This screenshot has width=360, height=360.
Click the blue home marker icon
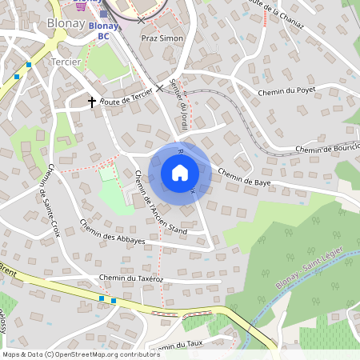click(x=180, y=173)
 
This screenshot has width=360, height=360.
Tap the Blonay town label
click(x=66, y=23)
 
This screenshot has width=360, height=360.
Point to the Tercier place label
click(x=66, y=62)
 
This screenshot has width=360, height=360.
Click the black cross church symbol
click(x=92, y=102)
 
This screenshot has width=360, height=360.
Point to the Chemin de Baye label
click(x=244, y=177)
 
